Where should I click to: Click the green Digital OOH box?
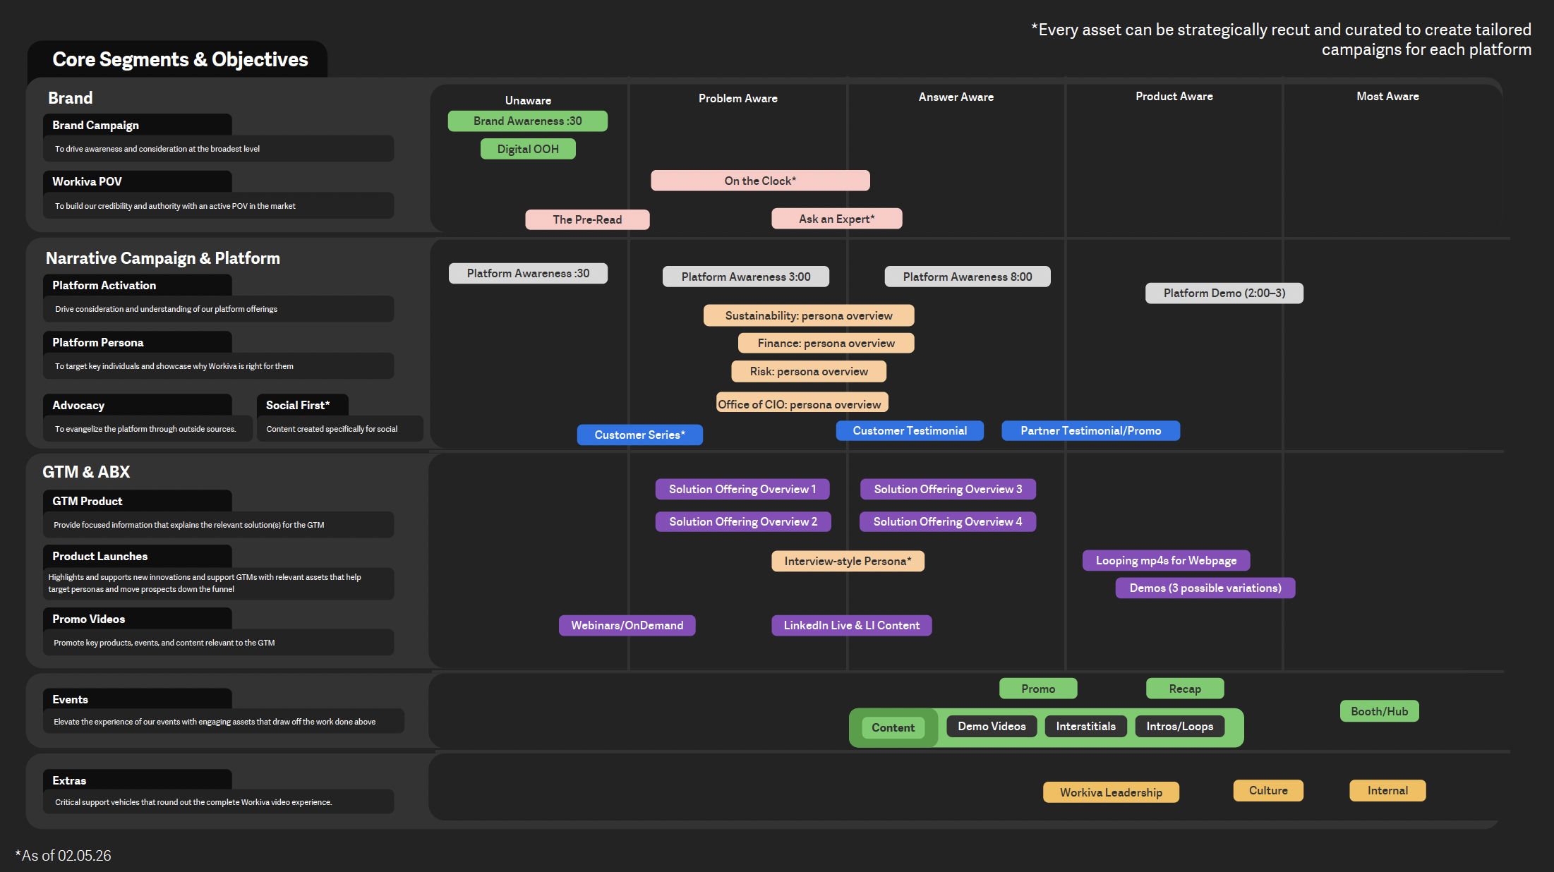tap(528, 149)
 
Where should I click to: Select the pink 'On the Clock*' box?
tap(760, 181)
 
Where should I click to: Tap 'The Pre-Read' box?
tap(587, 219)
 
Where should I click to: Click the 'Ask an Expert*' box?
tap(836, 219)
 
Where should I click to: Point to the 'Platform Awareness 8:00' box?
tap(968, 277)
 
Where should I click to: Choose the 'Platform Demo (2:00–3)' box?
tap(1224, 293)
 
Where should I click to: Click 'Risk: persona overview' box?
tap(809, 371)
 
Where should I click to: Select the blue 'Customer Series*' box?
tap(639, 435)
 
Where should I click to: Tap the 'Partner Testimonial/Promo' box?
tap(1090, 430)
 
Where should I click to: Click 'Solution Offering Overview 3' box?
tap(948, 489)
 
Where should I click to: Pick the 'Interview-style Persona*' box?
tap(848, 561)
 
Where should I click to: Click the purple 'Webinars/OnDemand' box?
tap(627, 625)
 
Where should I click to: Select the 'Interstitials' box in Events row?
tap(1085, 726)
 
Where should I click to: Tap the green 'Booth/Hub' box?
tap(1379, 711)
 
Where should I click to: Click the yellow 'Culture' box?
tap(1268, 790)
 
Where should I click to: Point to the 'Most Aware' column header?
tap(1387, 96)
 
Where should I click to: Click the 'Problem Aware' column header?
tap(737, 98)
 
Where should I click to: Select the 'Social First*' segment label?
tap(298, 405)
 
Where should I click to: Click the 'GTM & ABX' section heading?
tap(86, 472)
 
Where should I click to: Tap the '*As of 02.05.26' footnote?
tap(64, 855)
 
